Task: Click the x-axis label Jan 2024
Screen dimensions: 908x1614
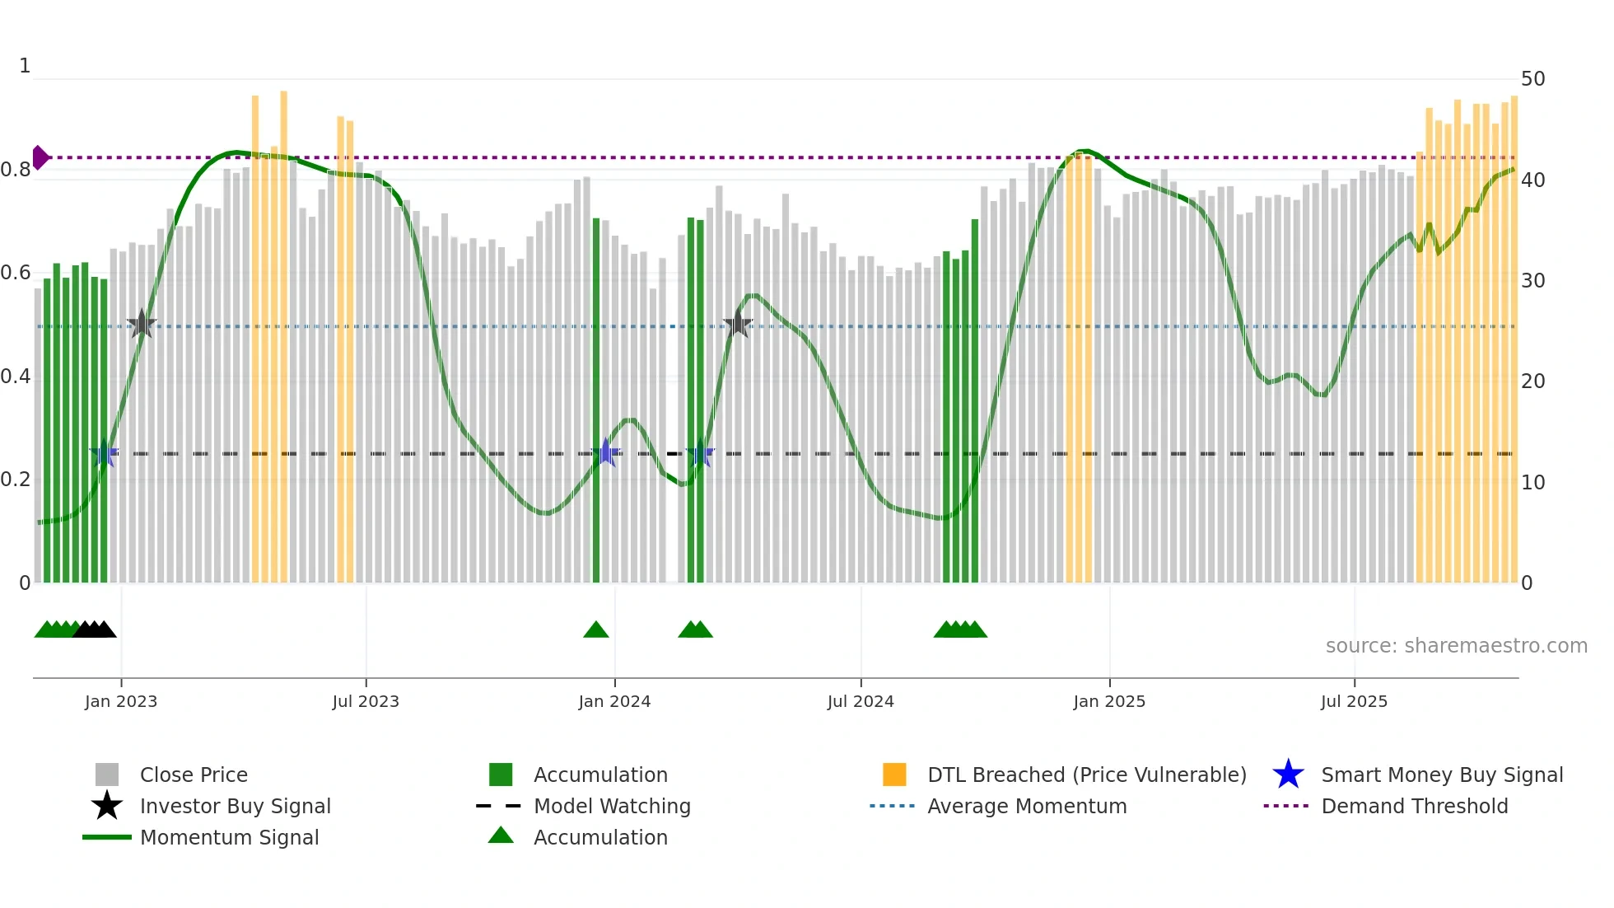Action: click(x=614, y=701)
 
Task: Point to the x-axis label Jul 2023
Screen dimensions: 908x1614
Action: click(x=366, y=701)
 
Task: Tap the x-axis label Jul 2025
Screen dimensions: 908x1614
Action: click(x=1354, y=701)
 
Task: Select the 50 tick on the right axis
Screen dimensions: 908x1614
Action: click(x=1532, y=79)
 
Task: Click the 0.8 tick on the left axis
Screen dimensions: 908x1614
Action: click(x=16, y=170)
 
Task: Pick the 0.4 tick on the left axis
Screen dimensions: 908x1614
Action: click(x=16, y=377)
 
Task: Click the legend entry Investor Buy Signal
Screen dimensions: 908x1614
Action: click(x=235, y=806)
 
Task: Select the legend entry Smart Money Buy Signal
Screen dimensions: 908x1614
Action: click(x=1441, y=775)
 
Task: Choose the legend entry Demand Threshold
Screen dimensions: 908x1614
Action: click(x=1414, y=806)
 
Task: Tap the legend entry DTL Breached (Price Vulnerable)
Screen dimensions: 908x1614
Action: click(x=1086, y=775)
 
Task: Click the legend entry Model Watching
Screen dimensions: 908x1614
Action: click(x=611, y=806)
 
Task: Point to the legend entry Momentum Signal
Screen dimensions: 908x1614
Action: click(x=229, y=837)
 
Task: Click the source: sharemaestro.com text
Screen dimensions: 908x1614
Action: click(x=1456, y=646)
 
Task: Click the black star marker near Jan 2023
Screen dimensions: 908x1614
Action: click(x=142, y=324)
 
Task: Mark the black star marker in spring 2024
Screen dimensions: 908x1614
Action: click(x=738, y=324)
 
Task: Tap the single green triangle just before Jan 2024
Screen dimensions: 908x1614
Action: click(x=596, y=630)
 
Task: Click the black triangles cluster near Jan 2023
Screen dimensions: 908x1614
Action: click(x=95, y=630)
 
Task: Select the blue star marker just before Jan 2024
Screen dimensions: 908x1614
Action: click(x=606, y=452)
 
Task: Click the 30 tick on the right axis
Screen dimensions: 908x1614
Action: click(x=1532, y=281)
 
